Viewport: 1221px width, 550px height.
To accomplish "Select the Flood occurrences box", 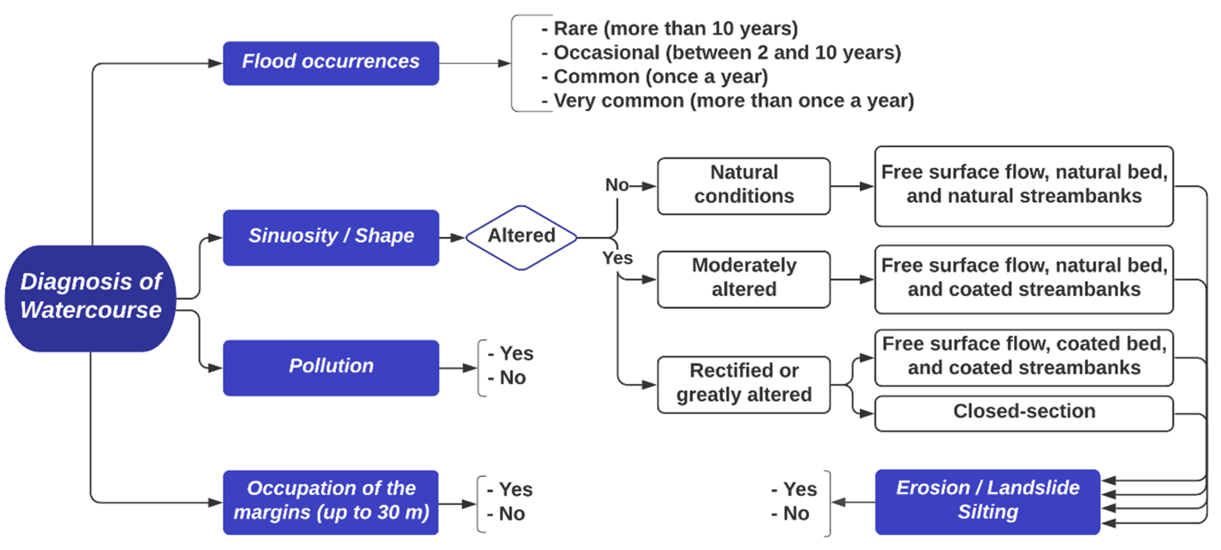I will [331, 63].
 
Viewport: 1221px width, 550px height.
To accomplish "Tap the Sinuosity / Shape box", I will [331, 237].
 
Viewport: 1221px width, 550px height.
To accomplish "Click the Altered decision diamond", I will [522, 237].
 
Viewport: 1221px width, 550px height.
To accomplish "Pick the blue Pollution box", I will [331, 367].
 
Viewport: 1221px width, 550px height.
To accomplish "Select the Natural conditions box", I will [743, 186].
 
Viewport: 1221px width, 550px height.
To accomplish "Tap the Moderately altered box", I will [743, 279].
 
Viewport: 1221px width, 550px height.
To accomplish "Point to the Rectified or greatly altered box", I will [743, 384].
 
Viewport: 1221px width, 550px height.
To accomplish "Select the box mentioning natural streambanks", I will [1024, 186].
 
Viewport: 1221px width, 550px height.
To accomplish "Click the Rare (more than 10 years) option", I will [676, 28].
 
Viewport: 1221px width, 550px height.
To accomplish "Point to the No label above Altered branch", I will [617, 185].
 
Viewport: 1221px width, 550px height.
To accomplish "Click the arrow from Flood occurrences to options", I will [474, 63].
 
